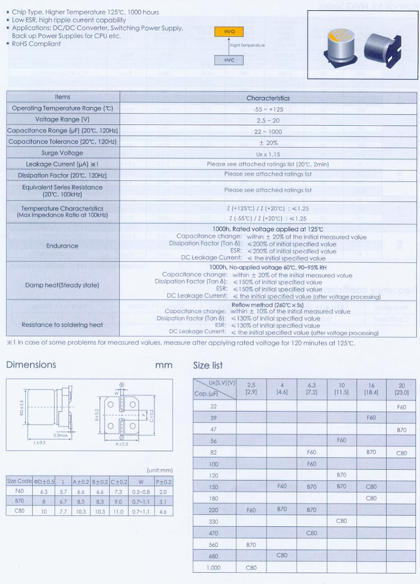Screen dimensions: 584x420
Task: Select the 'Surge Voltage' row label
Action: point(62,153)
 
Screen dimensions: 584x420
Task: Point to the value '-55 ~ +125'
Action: point(268,109)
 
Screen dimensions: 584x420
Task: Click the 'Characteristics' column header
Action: point(268,98)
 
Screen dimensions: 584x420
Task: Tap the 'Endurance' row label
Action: point(62,246)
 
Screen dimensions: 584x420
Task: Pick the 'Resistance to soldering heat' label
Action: point(62,325)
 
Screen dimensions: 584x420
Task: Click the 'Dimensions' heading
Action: point(31,365)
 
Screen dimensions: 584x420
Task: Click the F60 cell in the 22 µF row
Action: point(402,407)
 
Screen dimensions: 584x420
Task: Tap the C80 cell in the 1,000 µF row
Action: point(251,567)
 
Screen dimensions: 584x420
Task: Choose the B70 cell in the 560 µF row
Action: point(251,544)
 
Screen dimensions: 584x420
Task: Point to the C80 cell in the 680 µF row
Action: point(282,555)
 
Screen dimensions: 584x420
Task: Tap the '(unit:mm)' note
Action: point(160,470)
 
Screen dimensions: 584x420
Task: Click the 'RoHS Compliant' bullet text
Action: point(36,44)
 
